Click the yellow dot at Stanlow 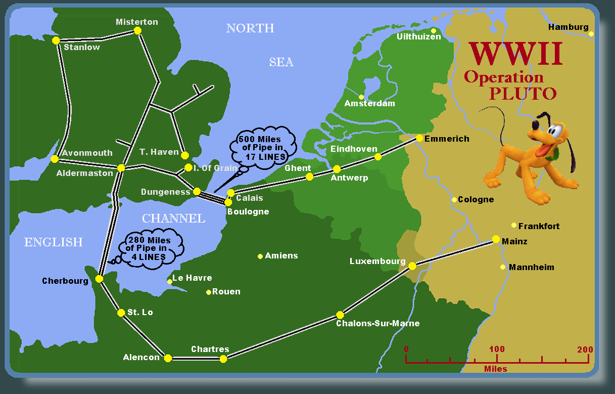coord(56,40)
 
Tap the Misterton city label coord(136,22)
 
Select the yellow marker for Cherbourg coord(99,279)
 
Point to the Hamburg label coord(568,27)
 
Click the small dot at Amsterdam coord(361,97)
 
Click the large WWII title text coord(515,55)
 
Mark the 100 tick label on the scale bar coord(497,349)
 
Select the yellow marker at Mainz coord(496,239)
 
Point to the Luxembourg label coord(377,261)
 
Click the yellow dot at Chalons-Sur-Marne coord(340,315)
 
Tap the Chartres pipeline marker coord(223,359)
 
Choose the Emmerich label coord(447,139)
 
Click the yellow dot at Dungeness coord(197,191)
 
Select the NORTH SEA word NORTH coord(250,28)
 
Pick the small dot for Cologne coord(454,200)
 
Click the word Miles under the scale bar coord(495,369)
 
